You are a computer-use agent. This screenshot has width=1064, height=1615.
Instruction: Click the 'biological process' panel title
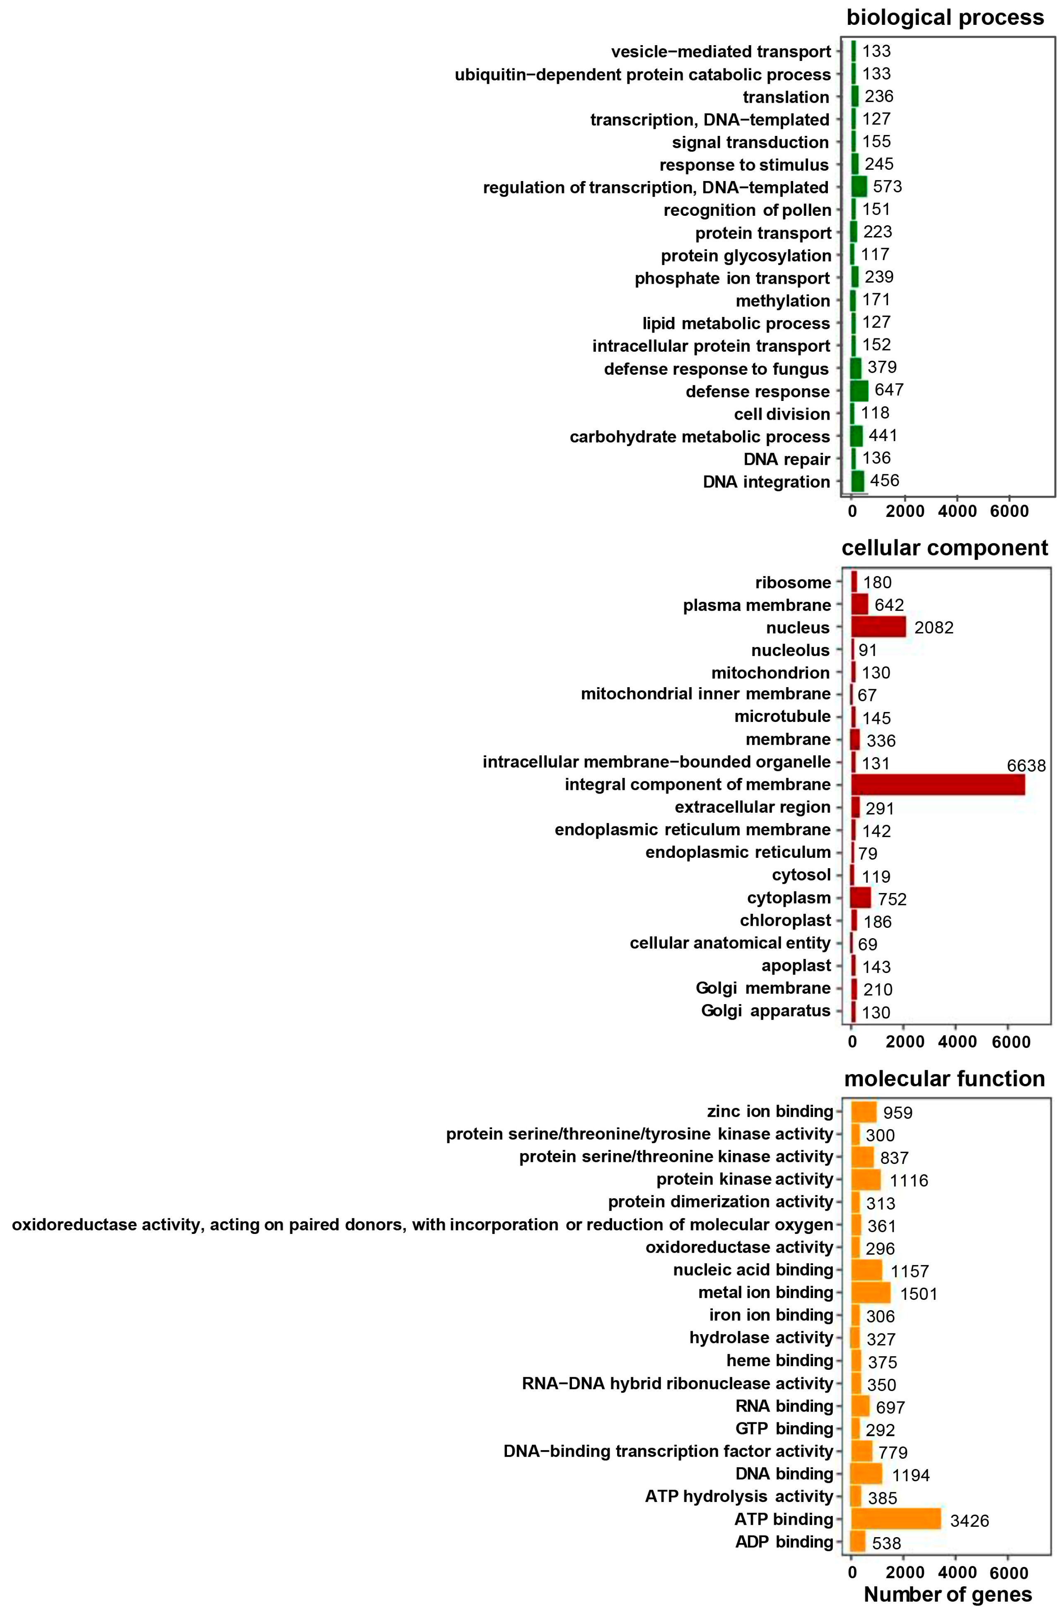tap(945, 18)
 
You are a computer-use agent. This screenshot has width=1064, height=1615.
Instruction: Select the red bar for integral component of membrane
tap(937, 785)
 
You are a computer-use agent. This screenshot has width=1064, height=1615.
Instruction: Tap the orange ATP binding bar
tap(896, 1518)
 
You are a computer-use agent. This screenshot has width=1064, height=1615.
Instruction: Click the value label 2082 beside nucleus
tap(934, 628)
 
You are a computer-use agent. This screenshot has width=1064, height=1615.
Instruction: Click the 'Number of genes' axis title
tap(947, 1594)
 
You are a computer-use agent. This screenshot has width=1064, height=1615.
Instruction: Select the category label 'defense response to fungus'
tap(716, 369)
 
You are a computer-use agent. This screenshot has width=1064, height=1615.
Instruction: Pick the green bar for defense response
tap(859, 391)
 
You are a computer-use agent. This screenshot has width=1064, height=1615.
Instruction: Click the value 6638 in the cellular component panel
tap(1026, 766)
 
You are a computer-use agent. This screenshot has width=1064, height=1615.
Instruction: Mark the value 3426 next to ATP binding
tap(969, 1521)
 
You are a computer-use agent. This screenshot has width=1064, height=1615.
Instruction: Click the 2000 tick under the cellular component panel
tap(905, 1042)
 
